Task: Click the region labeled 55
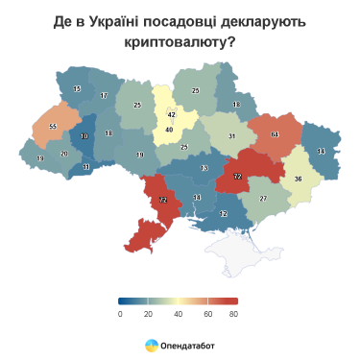click(53, 127)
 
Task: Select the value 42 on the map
click(171, 114)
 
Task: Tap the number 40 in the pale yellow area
click(169, 130)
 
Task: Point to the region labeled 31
click(231, 136)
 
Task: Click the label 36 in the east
click(298, 179)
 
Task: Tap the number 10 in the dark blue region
click(84, 137)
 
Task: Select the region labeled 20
click(64, 154)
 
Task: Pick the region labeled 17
click(104, 96)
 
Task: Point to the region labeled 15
click(77, 89)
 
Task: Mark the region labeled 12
click(224, 213)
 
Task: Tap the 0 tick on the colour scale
click(120, 314)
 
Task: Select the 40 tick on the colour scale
click(178, 314)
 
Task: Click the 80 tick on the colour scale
click(234, 314)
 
